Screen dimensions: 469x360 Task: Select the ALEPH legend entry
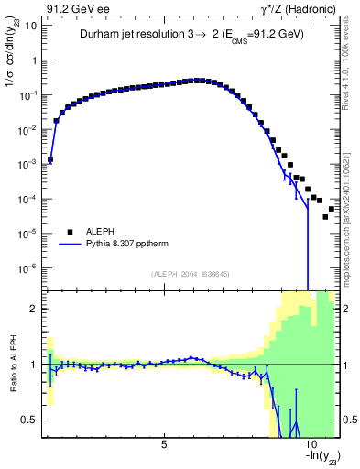point(100,232)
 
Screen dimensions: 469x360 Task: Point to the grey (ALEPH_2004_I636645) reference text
point(191,273)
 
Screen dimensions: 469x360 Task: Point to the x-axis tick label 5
point(164,445)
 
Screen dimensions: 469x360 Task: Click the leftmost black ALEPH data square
point(50,159)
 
